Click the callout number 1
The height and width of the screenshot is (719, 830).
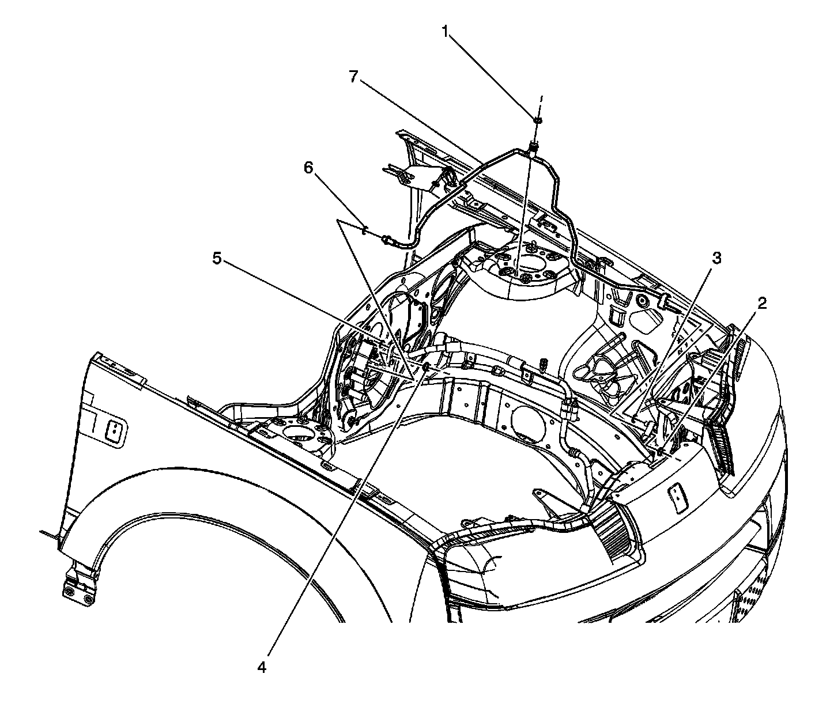pos(445,32)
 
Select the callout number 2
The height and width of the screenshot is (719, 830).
pos(762,304)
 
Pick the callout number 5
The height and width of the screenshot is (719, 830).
pos(217,259)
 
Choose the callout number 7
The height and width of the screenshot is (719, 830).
pos(353,76)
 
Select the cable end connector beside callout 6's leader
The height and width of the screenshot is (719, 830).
pos(388,239)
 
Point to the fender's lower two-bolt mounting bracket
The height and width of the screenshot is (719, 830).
pos(78,591)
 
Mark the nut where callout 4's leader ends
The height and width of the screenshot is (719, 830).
pos(425,368)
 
